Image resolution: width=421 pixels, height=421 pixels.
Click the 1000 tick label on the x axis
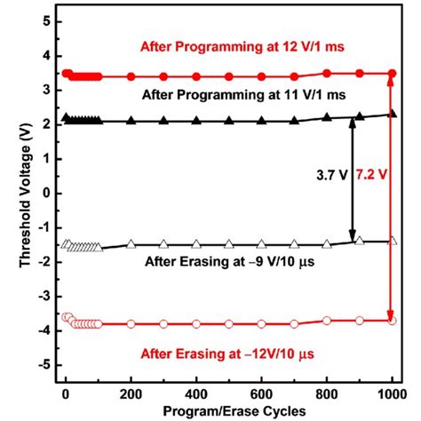tap(391, 392)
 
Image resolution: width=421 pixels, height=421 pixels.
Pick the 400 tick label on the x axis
tap(196, 392)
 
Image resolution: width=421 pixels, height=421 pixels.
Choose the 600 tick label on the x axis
tap(261, 392)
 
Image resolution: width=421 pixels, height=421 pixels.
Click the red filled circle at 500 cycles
tap(229, 76)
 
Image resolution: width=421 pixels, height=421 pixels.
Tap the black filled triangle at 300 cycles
tap(164, 121)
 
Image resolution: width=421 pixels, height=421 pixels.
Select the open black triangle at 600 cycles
tap(262, 244)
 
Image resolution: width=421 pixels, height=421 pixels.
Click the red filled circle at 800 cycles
tap(327, 73)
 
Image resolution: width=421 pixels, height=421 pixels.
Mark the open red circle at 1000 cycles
tap(392, 320)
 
